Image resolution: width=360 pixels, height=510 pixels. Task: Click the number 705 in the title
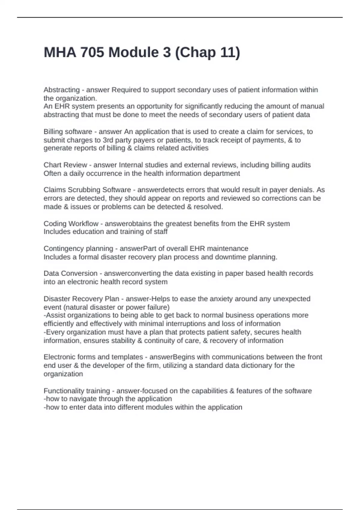[92, 52]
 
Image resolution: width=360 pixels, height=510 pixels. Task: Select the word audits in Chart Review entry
[301, 165]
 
